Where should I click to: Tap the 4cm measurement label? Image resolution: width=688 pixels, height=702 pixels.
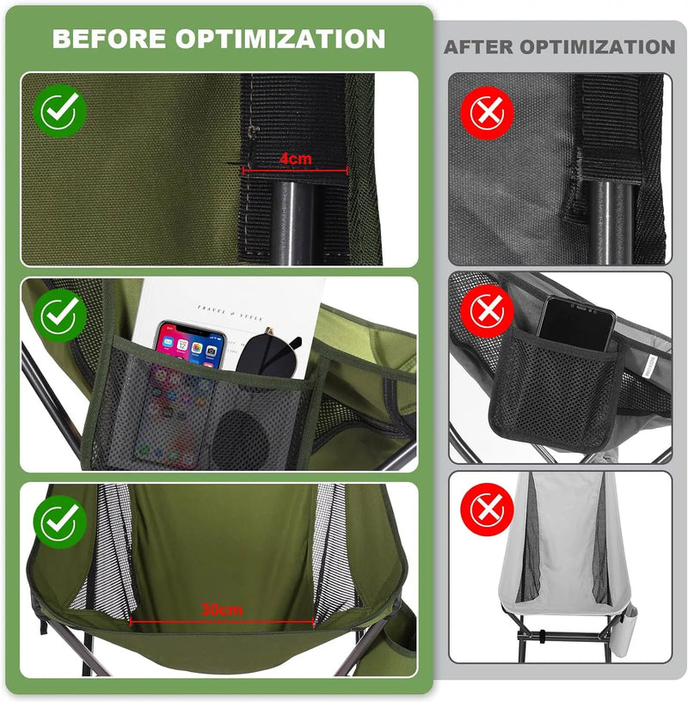(294, 159)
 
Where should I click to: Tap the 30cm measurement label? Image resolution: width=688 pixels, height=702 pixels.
(221, 609)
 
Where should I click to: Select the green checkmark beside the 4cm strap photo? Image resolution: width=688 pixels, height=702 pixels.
(60, 112)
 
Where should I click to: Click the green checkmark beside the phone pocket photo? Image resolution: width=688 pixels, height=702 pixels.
(60, 315)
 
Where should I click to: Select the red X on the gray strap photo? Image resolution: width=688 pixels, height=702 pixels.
(487, 112)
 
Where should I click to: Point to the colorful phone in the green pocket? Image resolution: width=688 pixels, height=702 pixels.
(184, 378)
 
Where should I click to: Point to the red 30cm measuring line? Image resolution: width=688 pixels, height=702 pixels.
(221, 620)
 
